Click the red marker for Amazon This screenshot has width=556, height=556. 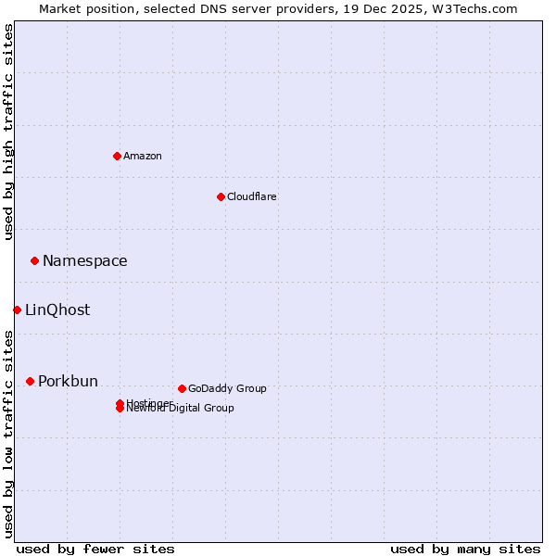point(117,156)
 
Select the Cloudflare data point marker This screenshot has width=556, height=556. point(221,196)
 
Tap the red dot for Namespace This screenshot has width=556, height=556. point(34,260)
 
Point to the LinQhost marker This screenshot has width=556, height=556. point(17,310)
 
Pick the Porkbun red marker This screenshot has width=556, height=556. point(30,381)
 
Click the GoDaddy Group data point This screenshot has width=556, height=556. point(182,388)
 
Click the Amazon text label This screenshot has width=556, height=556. point(143,156)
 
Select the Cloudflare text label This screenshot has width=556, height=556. point(251,196)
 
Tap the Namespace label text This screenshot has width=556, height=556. point(84,260)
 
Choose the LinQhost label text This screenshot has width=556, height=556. point(57,310)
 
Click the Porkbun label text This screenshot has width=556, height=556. point(68,381)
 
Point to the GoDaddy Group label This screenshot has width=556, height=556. point(227,388)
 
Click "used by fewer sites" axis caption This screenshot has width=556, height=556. point(95,549)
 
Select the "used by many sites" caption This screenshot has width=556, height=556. point(465,549)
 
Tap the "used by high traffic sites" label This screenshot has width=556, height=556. point(8,132)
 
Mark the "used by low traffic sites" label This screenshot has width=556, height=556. point(8,433)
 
